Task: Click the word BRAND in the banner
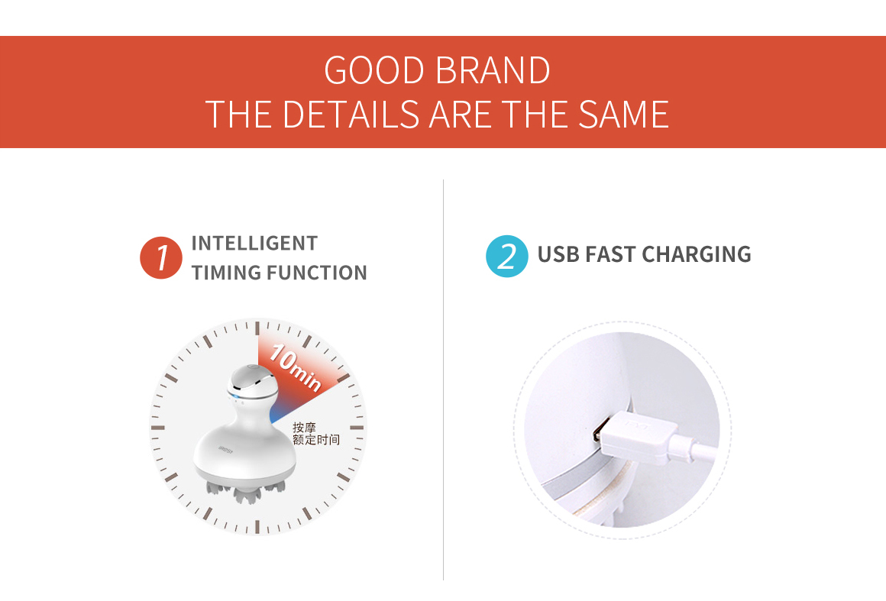pos(493,70)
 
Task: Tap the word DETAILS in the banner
pos(351,115)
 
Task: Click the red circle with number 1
pos(161,257)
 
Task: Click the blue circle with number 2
pos(507,256)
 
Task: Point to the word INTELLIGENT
pos(254,244)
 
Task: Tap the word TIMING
pos(226,273)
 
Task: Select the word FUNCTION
pos(316,273)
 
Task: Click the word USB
pos(558,255)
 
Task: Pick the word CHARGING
pos(697,255)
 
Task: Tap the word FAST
pos(611,255)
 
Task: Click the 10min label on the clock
pos(295,368)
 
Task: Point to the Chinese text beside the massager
pos(316,434)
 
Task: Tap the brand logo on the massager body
pos(226,451)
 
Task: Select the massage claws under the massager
pos(246,490)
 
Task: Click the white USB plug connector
pos(635,436)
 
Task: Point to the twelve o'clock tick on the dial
pos(257,328)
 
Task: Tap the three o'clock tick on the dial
pos(357,428)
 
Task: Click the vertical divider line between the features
pos(444,380)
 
